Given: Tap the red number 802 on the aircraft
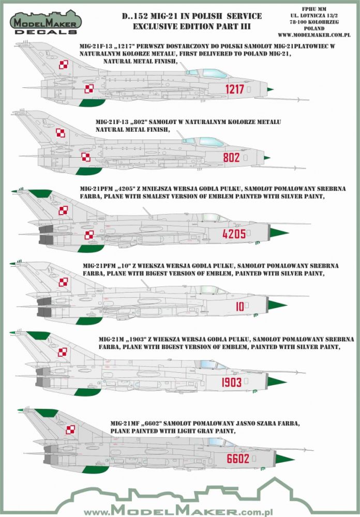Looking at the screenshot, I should tap(231, 158).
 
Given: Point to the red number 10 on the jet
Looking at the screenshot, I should tap(239, 307).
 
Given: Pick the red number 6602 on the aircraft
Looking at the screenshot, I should tap(238, 458).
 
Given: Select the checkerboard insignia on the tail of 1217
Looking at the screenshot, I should tap(64, 65).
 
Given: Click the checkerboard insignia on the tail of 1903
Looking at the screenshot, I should tap(62, 353).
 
